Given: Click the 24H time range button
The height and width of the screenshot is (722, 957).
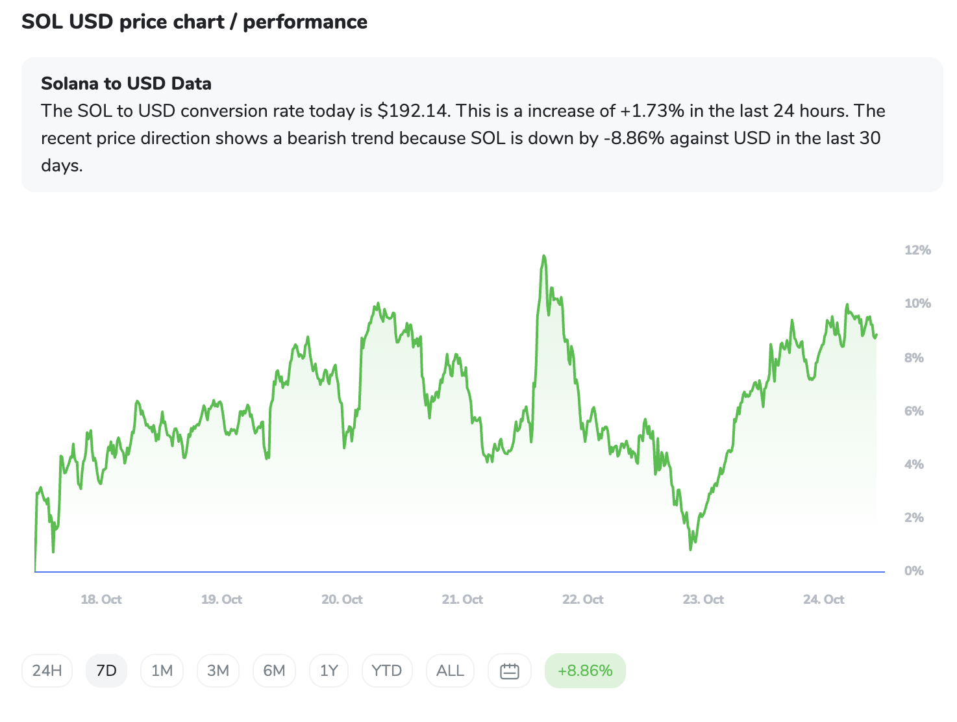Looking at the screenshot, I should (x=47, y=671).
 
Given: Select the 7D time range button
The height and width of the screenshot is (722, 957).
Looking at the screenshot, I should (x=106, y=671).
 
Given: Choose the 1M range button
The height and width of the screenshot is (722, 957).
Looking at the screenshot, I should (x=162, y=671).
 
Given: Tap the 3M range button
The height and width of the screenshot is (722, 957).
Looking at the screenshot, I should (x=218, y=671).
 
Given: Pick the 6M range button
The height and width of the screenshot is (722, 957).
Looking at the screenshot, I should (x=274, y=671).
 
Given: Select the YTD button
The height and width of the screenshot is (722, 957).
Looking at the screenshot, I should (x=387, y=671).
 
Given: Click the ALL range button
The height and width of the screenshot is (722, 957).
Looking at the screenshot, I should (x=450, y=671).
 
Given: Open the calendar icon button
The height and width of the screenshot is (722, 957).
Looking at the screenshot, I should (x=510, y=671).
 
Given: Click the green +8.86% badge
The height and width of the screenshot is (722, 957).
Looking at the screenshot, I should (x=585, y=671).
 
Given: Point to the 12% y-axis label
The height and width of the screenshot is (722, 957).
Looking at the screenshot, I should (x=917, y=250).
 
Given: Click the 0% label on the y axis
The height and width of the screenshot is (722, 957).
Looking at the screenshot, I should (x=913, y=571).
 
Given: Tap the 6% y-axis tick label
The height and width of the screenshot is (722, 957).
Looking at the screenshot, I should (x=913, y=411).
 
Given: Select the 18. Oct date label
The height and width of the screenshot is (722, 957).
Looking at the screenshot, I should (x=101, y=599).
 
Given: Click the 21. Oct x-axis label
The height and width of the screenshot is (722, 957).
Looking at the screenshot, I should (x=462, y=599).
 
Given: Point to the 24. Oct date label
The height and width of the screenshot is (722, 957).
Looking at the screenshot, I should (x=823, y=599).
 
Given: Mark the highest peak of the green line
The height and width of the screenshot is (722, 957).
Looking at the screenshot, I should (x=543, y=256).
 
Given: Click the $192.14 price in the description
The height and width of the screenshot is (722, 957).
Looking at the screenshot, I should (x=412, y=111).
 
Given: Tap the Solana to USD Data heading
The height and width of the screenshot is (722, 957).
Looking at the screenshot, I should (x=126, y=84).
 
